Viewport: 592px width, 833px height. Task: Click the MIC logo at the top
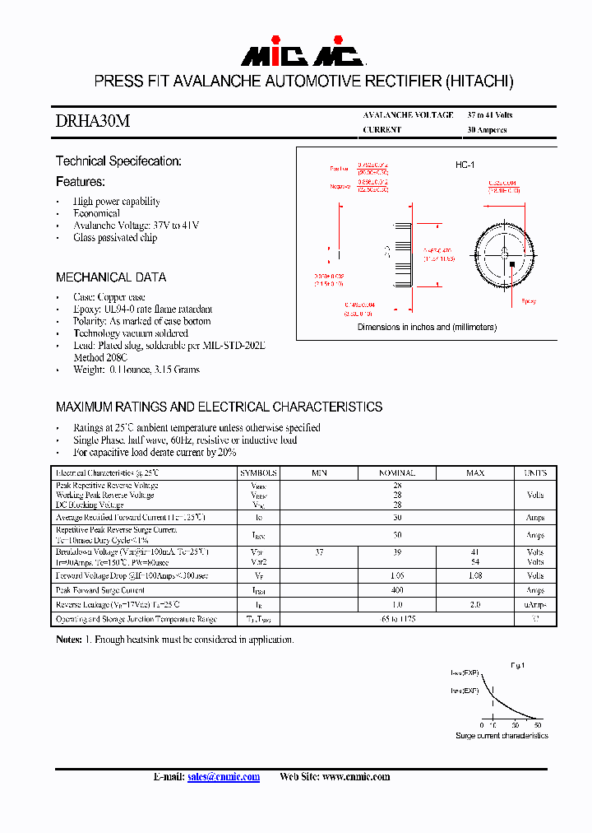click(302, 55)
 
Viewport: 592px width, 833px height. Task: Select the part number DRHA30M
click(92, 122)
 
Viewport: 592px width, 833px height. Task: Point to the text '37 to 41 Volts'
click(489, 115)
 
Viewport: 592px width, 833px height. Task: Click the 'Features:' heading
click(81, 181)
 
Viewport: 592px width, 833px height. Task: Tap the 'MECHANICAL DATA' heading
click(111, 277)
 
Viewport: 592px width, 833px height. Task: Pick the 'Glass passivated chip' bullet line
click(115, 238)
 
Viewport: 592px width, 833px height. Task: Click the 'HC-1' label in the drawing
click(465, 165)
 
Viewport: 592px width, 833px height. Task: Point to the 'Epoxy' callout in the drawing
click(529, 301)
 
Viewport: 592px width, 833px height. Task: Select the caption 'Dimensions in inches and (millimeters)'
click(427, 327)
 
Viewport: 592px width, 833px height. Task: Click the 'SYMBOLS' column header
click(259, 473)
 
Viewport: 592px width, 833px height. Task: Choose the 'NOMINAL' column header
click(397, 473)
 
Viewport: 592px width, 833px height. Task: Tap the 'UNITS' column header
click(535, 473)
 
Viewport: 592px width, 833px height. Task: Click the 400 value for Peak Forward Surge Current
click(397, 590)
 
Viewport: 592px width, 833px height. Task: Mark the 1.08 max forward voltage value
click(475, 576)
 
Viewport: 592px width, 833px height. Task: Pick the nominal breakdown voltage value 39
click(397, 552)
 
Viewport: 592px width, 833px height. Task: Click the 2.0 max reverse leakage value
click(475, 604)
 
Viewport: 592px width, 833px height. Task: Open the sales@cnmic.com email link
click(224, 777)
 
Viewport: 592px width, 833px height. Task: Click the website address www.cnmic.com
click(356, 777)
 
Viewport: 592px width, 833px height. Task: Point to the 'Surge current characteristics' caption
click(502, 735)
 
